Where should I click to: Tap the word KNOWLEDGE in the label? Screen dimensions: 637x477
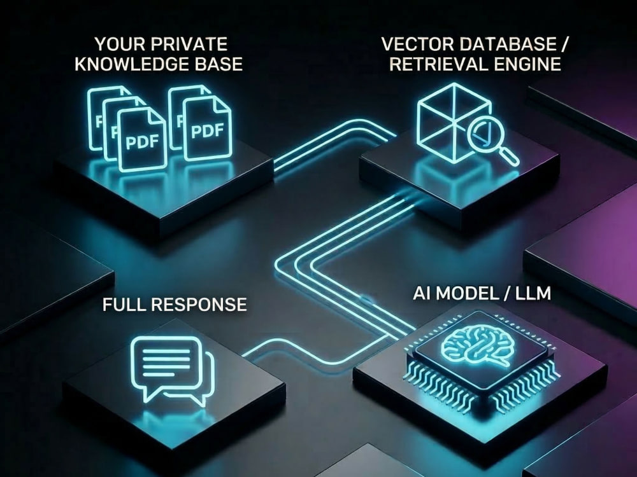click(125, 64)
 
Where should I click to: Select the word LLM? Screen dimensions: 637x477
click(533, 293)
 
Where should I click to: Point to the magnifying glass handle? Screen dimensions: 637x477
click(509, 157)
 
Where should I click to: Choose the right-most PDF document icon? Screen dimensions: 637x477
click(207, 129)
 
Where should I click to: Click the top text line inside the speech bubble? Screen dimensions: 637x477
click(166, 349)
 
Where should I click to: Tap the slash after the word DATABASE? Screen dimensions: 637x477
click(562, 45)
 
